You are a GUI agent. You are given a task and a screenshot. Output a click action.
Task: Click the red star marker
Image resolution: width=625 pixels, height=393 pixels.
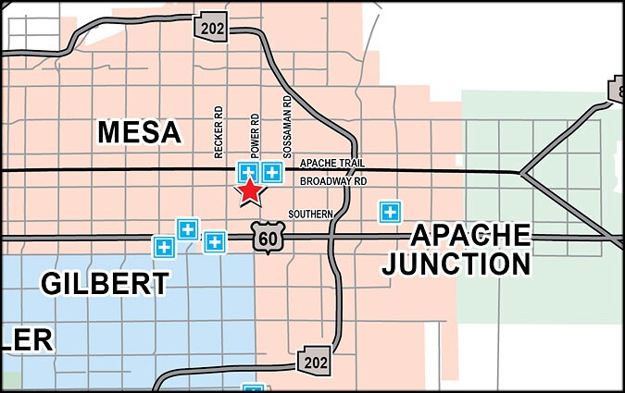tap(250, 191)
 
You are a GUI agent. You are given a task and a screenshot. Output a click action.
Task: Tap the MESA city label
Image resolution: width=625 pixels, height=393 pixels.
tap(139, 132)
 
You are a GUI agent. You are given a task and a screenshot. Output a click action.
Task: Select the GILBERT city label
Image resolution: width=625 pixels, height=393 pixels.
tap(105, 282)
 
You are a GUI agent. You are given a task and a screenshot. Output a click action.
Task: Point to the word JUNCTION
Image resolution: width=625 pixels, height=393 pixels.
tap(457, 264)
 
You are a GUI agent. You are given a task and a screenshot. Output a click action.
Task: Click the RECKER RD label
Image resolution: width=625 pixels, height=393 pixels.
tap(219, 132)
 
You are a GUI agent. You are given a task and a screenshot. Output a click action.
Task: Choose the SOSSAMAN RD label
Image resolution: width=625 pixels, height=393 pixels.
tap(288, 124)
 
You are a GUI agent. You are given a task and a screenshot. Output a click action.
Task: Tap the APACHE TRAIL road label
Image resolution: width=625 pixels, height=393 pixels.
tap(326, 164)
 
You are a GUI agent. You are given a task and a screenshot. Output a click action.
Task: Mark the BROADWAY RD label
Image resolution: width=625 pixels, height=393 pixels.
tap(334, 181)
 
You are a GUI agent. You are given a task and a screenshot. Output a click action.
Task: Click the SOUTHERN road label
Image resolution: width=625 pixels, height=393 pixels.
tap(310, 214)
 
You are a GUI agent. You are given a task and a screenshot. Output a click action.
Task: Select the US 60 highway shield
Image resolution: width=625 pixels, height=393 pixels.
tap(267, 238)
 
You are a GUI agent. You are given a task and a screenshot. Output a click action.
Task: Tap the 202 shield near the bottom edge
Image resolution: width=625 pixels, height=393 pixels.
tap(314, 362)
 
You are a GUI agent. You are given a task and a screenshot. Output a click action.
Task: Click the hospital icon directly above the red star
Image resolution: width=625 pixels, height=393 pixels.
tap(248, 172)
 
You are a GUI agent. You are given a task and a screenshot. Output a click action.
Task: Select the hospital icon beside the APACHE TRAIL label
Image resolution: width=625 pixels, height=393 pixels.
tap(272, 172)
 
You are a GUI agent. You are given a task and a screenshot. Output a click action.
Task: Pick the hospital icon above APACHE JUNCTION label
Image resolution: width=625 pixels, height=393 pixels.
tap(391, 212)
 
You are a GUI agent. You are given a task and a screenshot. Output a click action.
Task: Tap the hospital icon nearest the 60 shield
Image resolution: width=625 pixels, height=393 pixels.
tap(215, 242)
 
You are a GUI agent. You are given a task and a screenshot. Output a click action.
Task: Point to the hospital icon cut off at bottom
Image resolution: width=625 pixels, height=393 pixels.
tap(252, 388)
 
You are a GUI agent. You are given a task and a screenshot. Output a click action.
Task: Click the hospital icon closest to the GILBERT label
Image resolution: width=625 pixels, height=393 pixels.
tap(164, 247)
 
